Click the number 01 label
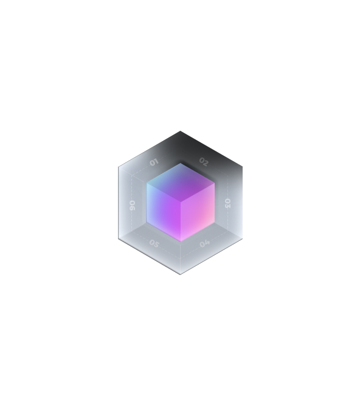point(154,162)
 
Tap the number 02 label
point(204,162)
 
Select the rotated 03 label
point(227,203)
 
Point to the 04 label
point(205,243)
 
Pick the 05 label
point(154,244)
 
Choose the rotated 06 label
point(133,205)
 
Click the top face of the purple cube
point(181,183)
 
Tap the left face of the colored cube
point(164,212)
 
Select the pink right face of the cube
point(198,212)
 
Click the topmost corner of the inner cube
point(181,163)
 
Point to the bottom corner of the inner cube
point(181,242)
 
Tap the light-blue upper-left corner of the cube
point(147,183)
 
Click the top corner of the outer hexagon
point(180,131)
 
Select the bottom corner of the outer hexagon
point(180,274)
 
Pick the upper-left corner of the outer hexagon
point(118,167)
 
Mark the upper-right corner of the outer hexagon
point(243,167)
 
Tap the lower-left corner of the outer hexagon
point(118,238)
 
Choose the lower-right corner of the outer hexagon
point(243,238)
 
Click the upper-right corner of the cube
point(215,183)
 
